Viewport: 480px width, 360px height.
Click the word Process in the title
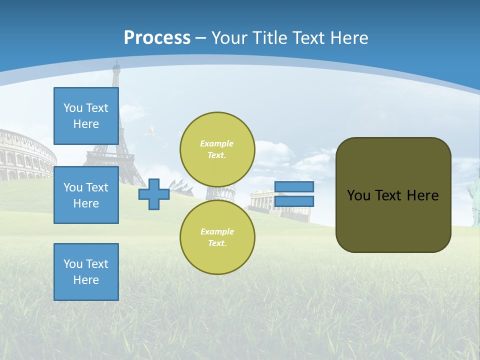tap(157, 38)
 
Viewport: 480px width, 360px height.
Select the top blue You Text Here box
tap(86, 116)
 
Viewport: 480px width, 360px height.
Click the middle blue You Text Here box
tap(86, 195)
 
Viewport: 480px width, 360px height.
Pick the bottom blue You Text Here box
tap(86, 272)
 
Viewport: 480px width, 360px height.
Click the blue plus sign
tap(153, 194)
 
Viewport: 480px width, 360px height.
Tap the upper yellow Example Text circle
tap(217, 149)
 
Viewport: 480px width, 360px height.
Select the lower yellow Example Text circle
tap(217, 237)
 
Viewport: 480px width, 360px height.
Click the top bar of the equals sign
tap(294, 186)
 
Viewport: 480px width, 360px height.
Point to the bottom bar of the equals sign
tap(294, 201)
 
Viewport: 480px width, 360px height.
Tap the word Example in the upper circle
tap(217, 143)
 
